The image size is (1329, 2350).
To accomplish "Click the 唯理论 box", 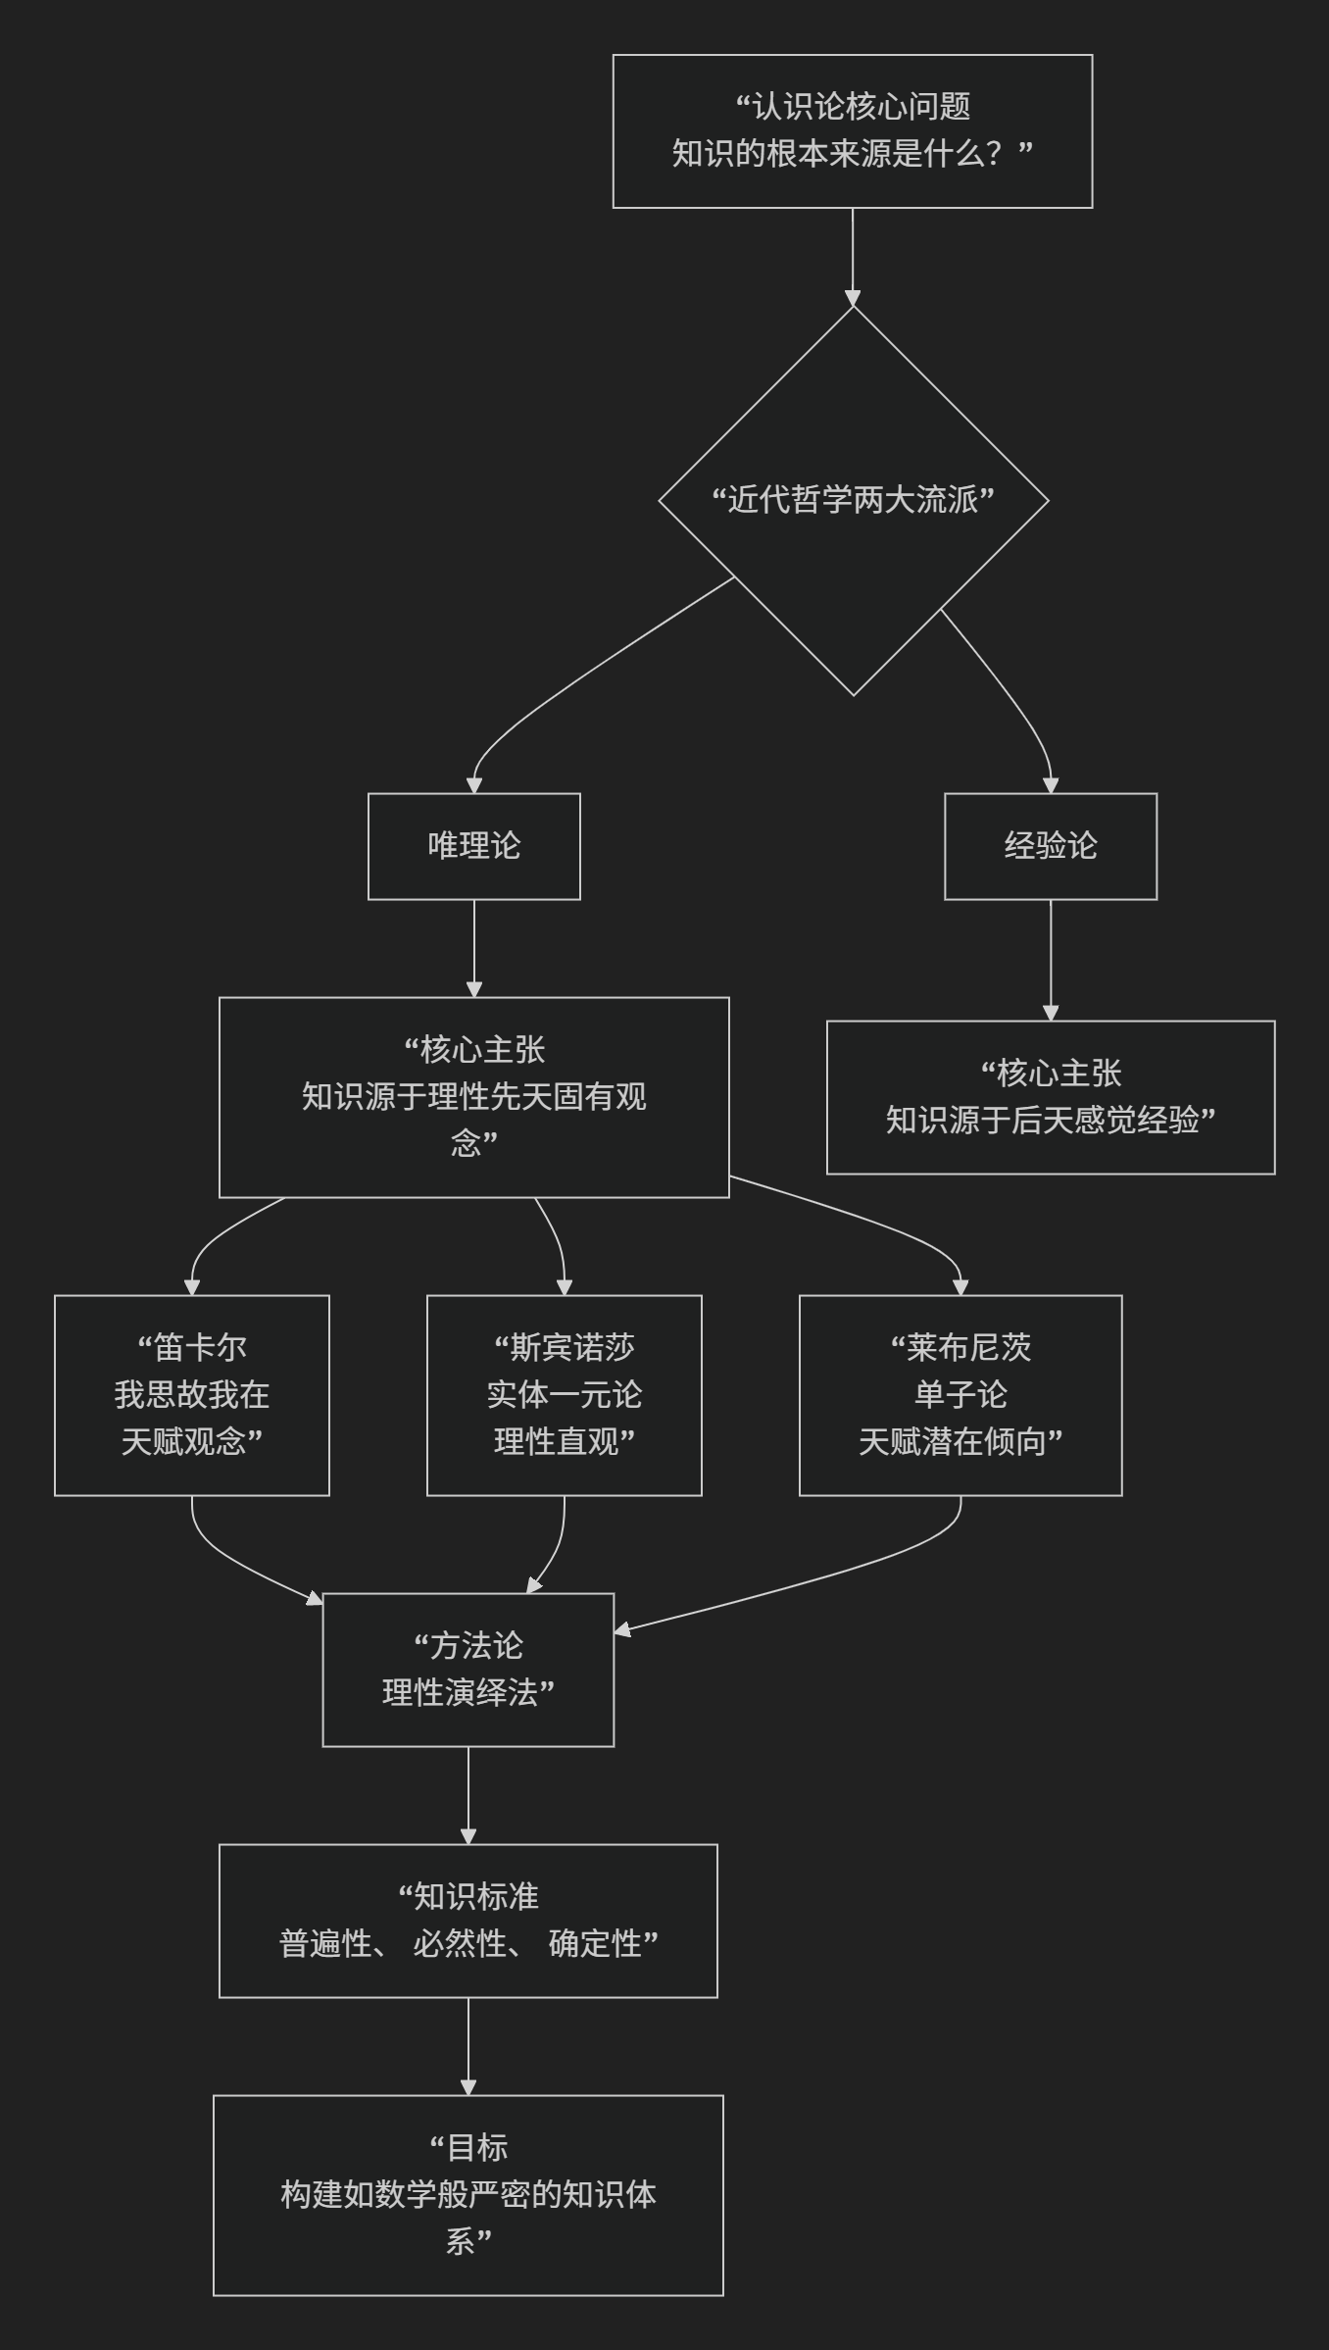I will coord(473,845).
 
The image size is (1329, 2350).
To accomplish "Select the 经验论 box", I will coord(1050,845).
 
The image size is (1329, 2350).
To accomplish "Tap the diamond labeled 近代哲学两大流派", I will coord(853,500).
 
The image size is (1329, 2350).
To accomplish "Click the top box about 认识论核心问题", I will coord(852,130).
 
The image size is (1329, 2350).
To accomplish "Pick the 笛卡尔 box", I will coord(191,1394).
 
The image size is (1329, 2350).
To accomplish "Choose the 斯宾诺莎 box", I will coord(564,1394).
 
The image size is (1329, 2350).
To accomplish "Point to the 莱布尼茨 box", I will coord(960,1394).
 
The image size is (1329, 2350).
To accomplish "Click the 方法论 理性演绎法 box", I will coord(468,1669).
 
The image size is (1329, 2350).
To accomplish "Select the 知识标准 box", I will coord(468,1920).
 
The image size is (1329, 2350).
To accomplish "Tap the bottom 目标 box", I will coord(468,2194).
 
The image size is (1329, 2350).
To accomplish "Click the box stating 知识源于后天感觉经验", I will coord(1050,1096).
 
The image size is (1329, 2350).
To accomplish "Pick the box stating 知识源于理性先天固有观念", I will coord(473,1096).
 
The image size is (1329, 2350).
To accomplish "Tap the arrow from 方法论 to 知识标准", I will coord(468,1794).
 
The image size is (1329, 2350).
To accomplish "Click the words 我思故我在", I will coord(191,1394).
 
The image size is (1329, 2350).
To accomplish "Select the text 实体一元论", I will coord(564,1394).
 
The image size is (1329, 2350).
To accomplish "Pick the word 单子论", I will coord(960,1394).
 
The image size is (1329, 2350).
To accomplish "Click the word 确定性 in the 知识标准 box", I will coord(595,1943).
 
